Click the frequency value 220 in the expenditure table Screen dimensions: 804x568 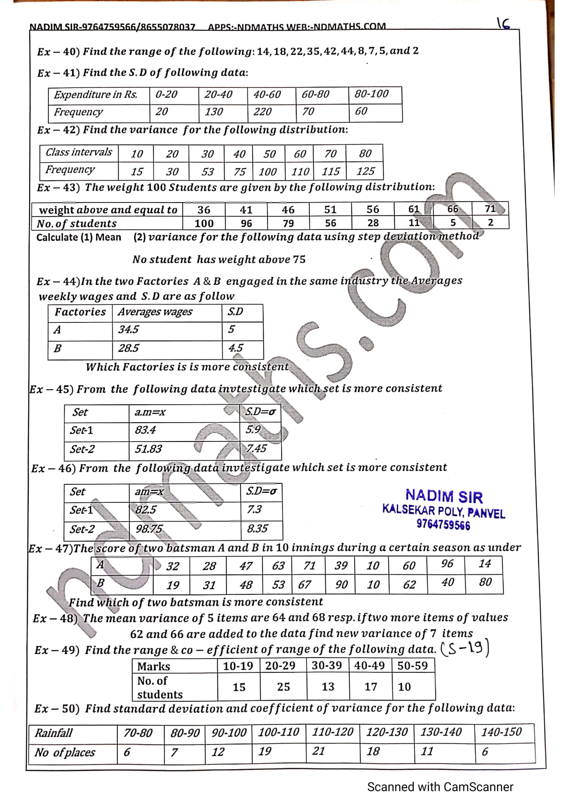[262, 112]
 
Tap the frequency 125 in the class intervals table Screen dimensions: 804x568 [365, 171]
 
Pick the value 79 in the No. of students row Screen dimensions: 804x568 [288, 223]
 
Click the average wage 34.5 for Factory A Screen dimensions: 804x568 [128, 330]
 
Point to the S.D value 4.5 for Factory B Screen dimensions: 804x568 [235, 348]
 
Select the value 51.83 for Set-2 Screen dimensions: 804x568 [148, 449]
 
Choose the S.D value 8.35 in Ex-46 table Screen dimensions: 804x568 [257, 528]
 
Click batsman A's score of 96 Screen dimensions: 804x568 [447, 564]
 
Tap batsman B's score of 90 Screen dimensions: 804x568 [341, 584]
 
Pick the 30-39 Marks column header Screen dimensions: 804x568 [326, 665]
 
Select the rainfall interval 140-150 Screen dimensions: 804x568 [501, 732]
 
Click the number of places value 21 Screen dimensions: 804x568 [318, 751]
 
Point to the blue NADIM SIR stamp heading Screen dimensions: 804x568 [444, 496]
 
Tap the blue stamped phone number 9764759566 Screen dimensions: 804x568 [443, 525]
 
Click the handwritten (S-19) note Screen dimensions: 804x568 [465, 649]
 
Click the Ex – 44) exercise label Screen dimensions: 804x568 [58, 282]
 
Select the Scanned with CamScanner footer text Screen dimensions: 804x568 [440, 787]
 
